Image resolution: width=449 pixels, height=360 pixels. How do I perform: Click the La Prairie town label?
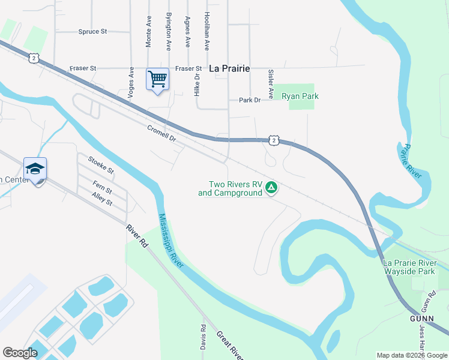[x=229, y=68]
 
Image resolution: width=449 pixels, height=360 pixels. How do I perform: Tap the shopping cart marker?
[x=157, y=79]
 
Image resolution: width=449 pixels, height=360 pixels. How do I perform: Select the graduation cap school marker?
[x=35, y=169]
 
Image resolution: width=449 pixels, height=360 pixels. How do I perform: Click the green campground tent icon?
[x=271, y=188]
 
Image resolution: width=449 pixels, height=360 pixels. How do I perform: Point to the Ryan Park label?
[x=300, y=96]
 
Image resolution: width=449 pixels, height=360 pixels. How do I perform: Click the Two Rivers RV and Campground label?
[x=231, y=189]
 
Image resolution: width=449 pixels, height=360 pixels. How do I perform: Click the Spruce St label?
[x=92, y=31]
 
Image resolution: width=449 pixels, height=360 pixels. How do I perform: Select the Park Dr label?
[x=250, y=100]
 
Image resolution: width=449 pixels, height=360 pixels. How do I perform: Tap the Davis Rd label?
[x=203, y=338]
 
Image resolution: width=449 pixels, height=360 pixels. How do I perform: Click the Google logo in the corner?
[x=20, y=353]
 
